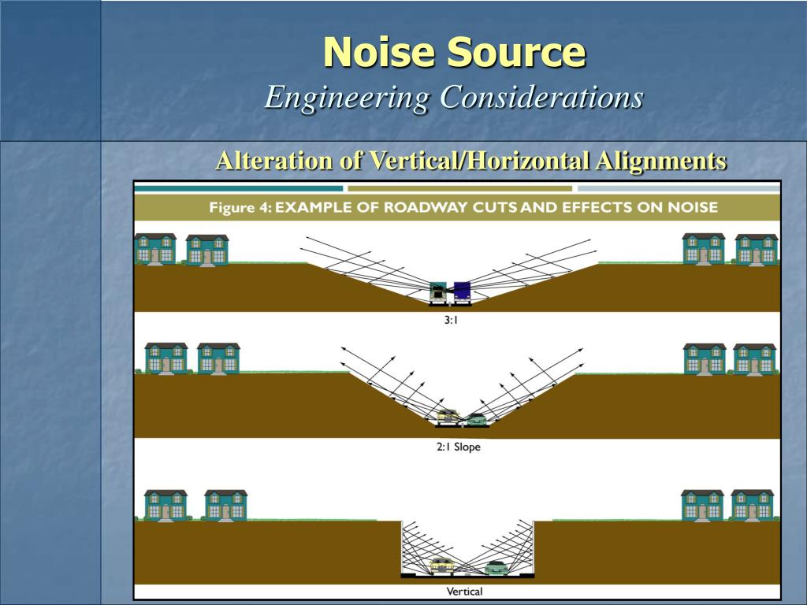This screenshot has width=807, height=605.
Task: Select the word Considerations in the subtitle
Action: [x=541, y=98]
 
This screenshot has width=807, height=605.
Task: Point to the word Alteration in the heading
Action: [x=274, y=161]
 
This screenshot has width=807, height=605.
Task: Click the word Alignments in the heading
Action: [x=660, y=161]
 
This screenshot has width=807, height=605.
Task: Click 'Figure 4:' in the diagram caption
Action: [x=239, y=207]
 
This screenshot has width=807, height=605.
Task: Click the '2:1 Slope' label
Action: [x=458, y=447]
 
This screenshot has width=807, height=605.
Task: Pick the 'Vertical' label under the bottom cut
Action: [x=464, y=591]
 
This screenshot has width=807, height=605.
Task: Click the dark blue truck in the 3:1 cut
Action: [x=462, y=291]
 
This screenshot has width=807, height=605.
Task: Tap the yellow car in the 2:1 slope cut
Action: [x=447, y=417]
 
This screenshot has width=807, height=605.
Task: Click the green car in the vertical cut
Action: [x=496, y=566]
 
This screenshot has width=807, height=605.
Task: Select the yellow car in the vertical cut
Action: [x=441, y=565]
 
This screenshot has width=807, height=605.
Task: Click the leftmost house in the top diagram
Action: [x=155, y=249]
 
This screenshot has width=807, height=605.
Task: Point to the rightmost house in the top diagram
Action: [x=757, y=250]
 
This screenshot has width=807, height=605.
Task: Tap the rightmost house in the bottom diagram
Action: [x=752, y=505]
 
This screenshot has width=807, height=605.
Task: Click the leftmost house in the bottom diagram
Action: [x=165, y=505]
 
